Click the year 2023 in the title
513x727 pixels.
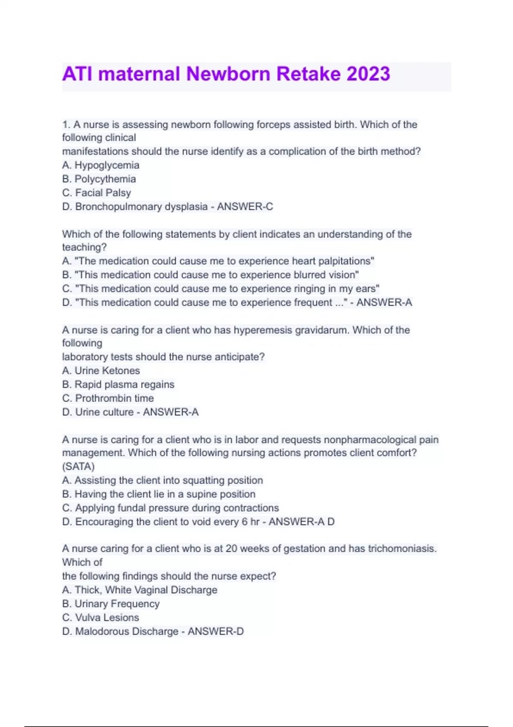click(368, 74)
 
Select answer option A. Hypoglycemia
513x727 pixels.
click(100, 165)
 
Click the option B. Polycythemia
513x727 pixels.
click(99, 179)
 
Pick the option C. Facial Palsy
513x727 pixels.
click(96, 193)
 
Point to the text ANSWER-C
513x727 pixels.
click(245, 207)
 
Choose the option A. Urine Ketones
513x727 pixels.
click(101, 370)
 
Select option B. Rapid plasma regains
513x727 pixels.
click(118, 384)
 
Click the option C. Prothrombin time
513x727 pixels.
click(108, 398)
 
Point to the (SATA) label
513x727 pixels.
click(78, 467)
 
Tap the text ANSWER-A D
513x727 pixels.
click(301, 522)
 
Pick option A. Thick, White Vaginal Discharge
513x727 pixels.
click(139, 590)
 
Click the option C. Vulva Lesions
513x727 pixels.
click(100, 618)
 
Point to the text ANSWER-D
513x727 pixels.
click(215, 631)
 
